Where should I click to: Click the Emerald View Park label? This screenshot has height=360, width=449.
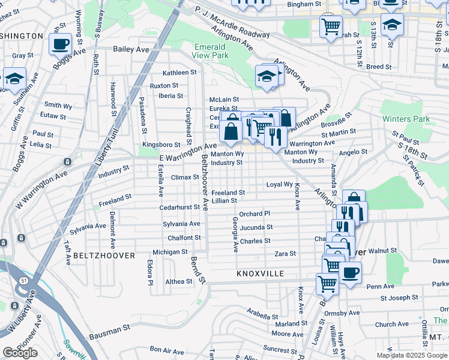(x=211, y=50)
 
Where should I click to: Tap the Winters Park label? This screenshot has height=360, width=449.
(x=406, y=119)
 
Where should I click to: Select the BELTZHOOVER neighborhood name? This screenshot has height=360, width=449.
(x=99, y=256)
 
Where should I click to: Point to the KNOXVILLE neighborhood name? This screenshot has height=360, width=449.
(x=260, y=274)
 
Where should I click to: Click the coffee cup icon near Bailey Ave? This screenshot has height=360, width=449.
(x=60, y=44)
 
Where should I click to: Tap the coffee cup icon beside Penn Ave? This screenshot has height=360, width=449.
(x=351, y=272)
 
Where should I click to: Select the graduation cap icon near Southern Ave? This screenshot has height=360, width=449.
(x=14, y=78)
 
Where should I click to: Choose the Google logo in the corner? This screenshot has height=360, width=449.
(x=20, y=352)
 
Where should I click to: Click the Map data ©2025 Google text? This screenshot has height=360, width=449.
(x=412, y=355)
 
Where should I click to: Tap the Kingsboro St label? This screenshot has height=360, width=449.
(x=160, y=145)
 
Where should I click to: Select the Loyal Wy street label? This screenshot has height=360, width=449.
(x=279, y=185)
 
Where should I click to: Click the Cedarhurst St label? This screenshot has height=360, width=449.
(x=179, y=208)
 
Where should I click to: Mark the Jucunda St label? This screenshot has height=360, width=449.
(x=256, y=227)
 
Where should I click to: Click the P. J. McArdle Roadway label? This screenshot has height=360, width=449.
(x=232, y=23)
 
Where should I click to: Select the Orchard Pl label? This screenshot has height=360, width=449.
(x=255, y=214)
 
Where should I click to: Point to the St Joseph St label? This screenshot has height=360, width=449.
(x=399, y=298)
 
